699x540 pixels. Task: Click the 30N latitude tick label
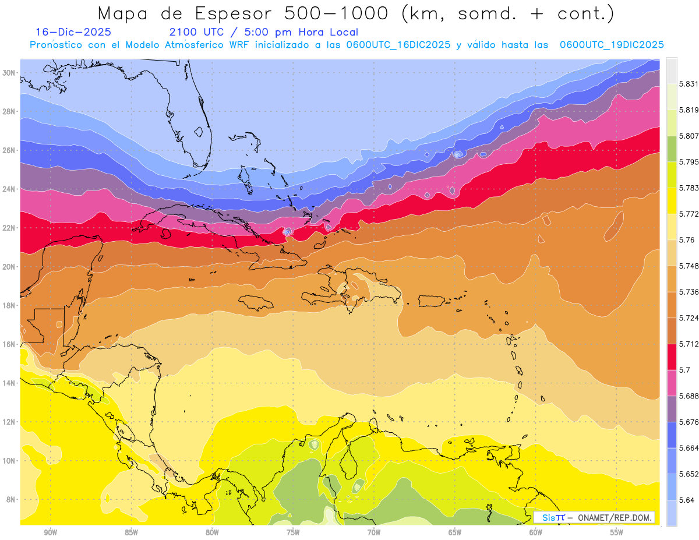click(x=9, y=73)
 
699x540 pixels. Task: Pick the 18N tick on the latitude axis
click(x=9, y=305)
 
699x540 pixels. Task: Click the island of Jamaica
click(x=256, y=302)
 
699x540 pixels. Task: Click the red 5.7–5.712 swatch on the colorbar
click(x=672, y=357)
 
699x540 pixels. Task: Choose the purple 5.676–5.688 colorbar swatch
click(x=672, y=408)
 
